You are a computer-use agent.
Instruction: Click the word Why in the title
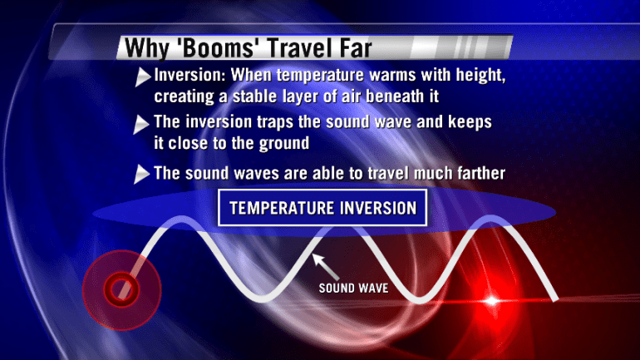(146, 48)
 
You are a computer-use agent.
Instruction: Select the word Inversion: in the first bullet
(190, 75)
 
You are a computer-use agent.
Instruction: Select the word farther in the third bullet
(481, 173)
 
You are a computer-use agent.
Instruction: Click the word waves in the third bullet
(257, 174)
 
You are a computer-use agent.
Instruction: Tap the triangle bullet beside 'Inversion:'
(142, 76)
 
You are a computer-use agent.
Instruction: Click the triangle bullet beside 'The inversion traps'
(140, 124)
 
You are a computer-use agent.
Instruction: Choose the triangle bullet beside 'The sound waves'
(141, 175)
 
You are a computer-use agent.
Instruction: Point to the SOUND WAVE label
(353, 288)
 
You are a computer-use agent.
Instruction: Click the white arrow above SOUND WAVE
(325, 266)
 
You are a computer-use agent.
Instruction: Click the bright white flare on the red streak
(492, 301)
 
